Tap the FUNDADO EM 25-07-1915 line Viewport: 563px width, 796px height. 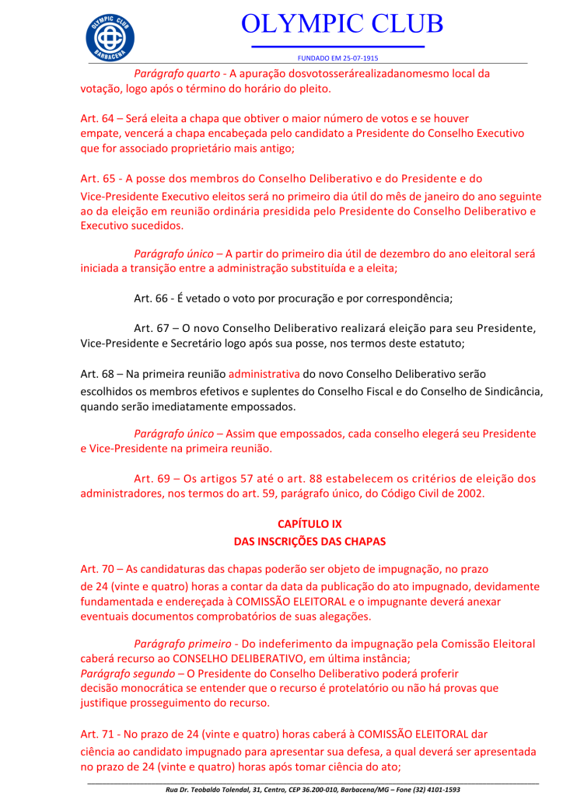click(338, 58)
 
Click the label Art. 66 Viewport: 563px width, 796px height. click(150, 298)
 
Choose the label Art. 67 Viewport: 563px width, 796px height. click(150, 327)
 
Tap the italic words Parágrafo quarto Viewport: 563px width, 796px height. click(177, 74)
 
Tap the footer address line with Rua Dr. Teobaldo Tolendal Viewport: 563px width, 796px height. click(313, 789)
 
